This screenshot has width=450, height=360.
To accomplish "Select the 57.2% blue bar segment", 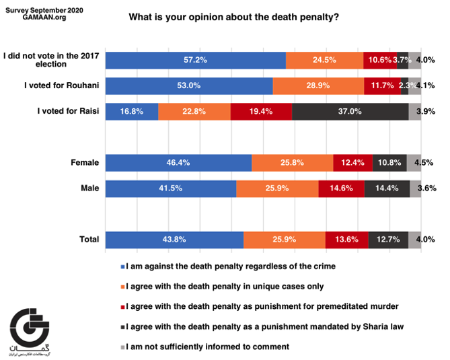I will pyautogui.click(x=196, y=60).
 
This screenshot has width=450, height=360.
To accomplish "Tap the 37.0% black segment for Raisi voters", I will pyautogui.click(x=350, y=112).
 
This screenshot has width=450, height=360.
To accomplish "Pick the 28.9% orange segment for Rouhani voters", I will pyautogui.click(x=318, y=86).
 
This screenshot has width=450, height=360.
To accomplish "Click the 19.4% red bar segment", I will pyautogui.click(x=261, y=112).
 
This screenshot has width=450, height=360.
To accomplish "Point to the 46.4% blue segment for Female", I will pyautogui.click(x=178, y=163).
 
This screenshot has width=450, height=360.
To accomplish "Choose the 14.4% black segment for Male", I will pyautogui.click(x=387, y=189).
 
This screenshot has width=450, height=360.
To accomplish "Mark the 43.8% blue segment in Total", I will pyautogui.click(x=174, y=240).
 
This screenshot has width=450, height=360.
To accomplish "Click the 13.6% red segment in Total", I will pyautogui.click(x=346, y=240).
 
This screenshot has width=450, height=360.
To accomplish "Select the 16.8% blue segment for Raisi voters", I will pyautogui.click(x=132, y=112).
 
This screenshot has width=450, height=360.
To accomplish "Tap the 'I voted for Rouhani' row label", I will pyautogui.click(x=61, y=86).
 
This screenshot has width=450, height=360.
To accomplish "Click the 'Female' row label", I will pyautogui.click(x=85, y=163).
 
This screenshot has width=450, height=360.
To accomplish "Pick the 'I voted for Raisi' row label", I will pyautogui.click(x=66, y=112).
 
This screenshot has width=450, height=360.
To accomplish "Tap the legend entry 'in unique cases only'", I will pyautogui.click(x=223, y=286).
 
